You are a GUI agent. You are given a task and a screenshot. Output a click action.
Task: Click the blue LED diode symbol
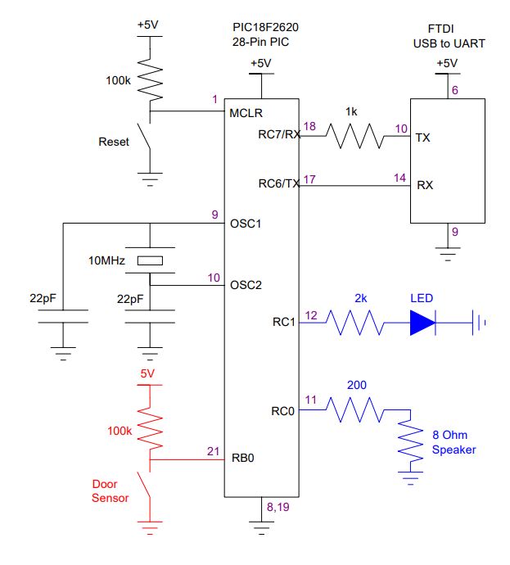point(423,323)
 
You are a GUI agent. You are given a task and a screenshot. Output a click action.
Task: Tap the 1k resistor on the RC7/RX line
point(354,136)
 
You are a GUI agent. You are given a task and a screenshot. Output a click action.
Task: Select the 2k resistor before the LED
point(354,323)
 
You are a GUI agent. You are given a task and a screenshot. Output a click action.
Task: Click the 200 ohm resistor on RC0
point(354,409)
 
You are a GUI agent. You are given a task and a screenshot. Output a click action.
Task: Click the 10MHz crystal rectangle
point(150,260)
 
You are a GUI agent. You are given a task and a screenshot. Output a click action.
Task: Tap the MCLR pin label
point(246,113)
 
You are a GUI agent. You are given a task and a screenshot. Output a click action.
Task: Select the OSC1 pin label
point(246,224)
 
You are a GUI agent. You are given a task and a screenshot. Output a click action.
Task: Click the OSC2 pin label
point(246,285)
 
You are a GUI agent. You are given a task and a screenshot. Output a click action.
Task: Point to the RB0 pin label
point(243,458)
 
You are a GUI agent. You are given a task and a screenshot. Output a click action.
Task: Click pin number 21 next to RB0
point(213,451)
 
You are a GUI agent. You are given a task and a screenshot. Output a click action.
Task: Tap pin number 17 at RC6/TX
point(309,179)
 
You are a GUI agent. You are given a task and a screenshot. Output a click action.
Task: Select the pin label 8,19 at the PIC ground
point(278,507)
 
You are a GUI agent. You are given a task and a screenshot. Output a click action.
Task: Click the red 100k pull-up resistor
point(150,427)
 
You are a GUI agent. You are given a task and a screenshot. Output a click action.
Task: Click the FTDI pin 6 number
point(455,90)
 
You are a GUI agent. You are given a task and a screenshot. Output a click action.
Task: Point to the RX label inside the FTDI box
point(425,185)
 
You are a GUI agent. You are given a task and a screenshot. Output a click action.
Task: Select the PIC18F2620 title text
point(265,27)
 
